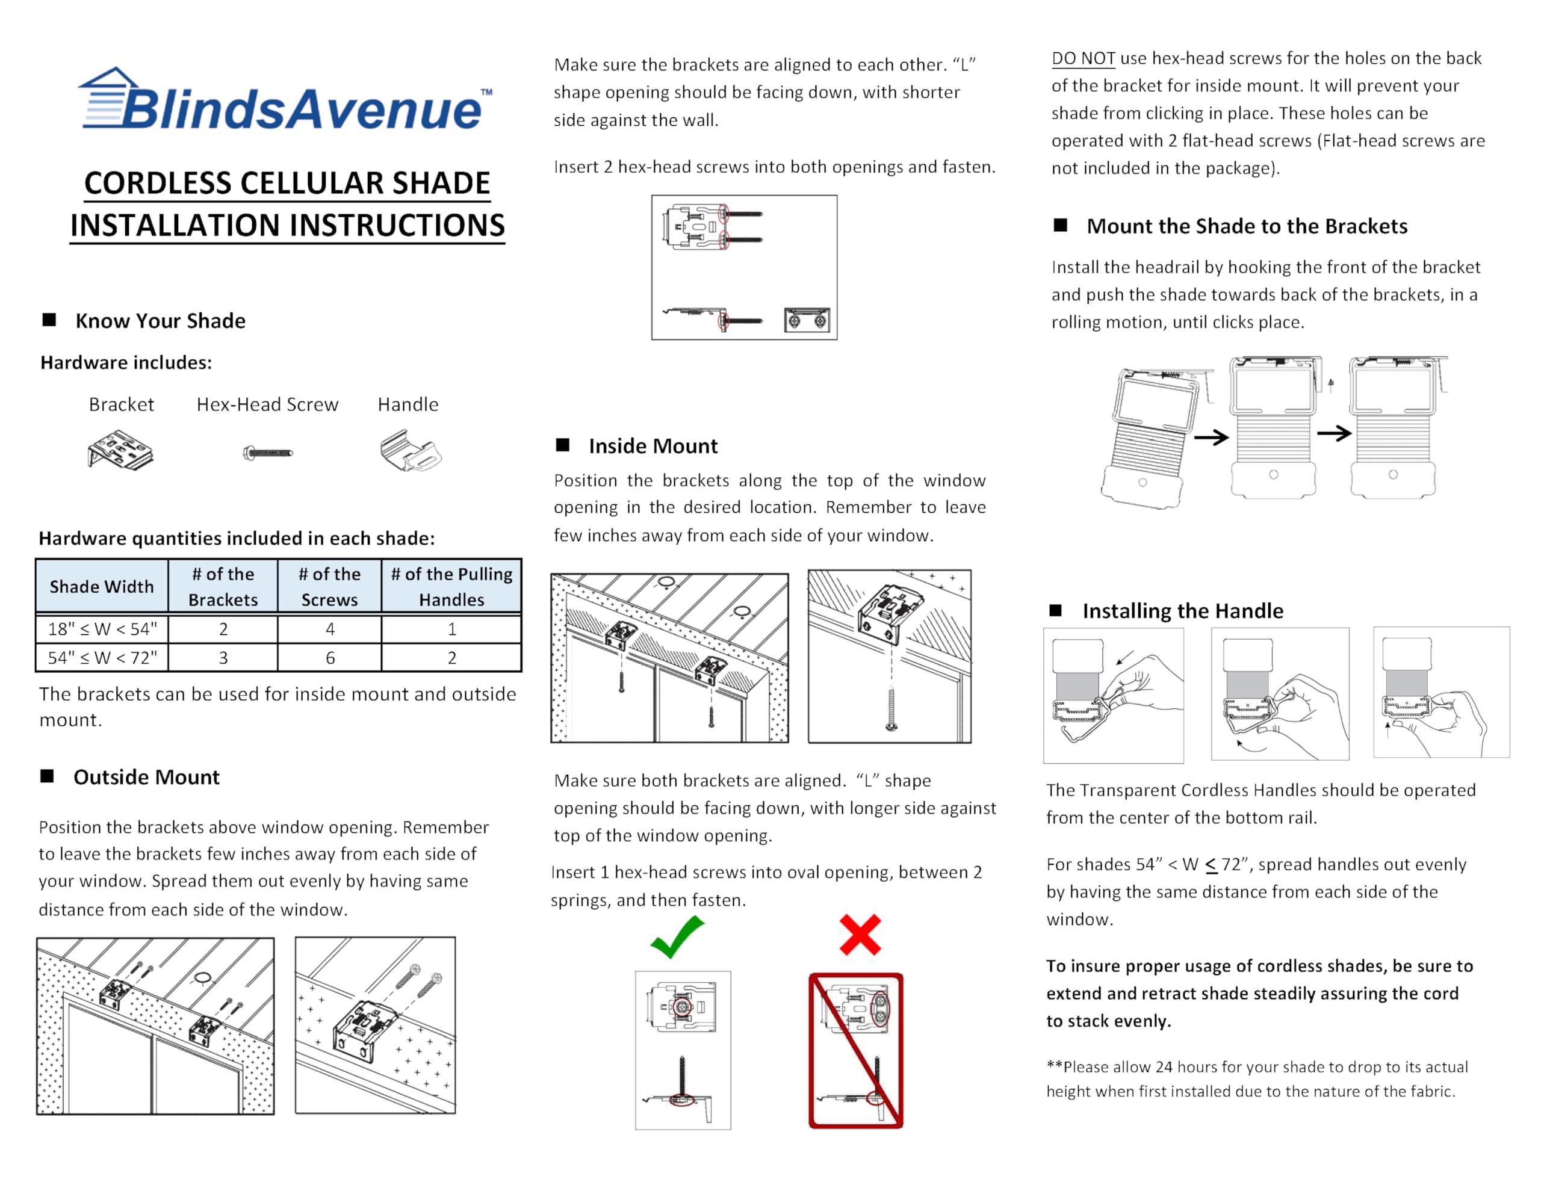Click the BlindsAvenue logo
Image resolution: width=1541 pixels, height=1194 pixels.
coord(286,100)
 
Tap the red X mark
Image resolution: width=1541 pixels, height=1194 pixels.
coord(860,935)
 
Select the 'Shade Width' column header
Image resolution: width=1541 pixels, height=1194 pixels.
coord(102,586)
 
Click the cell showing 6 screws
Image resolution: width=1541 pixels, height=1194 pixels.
coord(329,658)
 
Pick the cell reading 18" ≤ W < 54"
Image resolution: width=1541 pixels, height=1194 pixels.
coord(102,628)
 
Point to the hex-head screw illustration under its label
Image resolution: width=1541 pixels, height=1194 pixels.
coord(267,452)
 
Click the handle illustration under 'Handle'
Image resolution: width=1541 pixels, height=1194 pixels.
coord(410,450)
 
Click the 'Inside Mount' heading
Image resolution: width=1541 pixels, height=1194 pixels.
coord(653,446)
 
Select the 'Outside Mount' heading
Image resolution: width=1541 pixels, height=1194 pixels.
coord(146,777)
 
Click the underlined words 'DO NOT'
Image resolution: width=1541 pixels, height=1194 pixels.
coord(1083,58)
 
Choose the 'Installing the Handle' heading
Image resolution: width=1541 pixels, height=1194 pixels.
coord(1183,611)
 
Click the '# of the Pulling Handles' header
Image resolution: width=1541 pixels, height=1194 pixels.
coord(451,586)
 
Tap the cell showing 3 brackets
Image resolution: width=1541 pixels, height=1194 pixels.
coord(223,658)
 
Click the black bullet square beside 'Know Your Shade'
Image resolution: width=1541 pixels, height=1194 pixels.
coord(49,320)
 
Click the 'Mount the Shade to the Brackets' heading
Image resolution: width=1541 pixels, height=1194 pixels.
coord(1247,226)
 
